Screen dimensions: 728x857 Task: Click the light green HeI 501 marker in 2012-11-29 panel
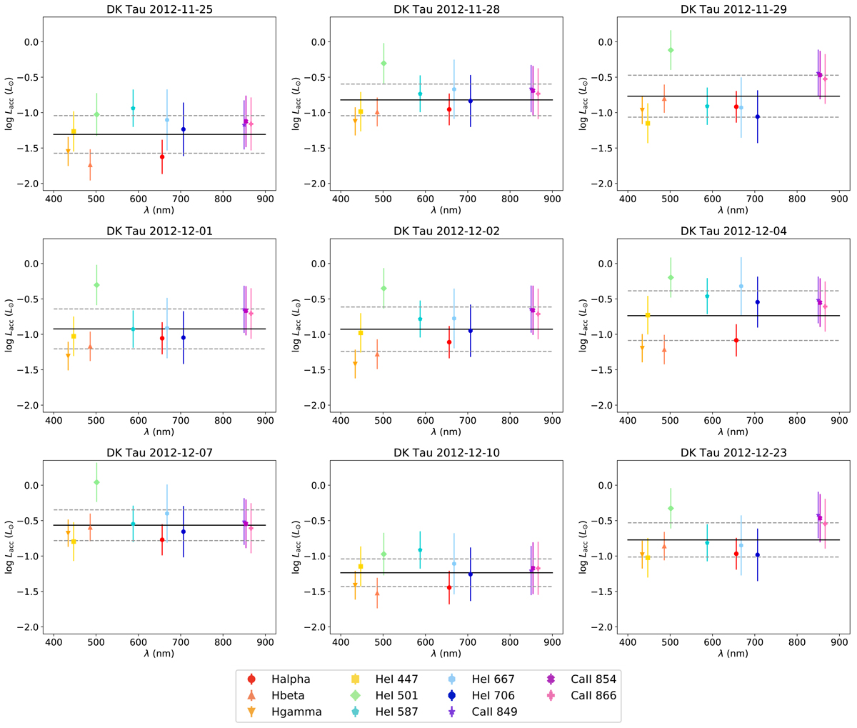671,50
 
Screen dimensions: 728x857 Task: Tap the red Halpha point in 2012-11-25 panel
162,156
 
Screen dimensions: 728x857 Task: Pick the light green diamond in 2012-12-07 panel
96,482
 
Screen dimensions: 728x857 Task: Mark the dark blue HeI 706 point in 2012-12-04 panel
757,302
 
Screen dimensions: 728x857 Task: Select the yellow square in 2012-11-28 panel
361,111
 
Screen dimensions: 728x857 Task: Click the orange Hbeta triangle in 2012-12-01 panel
90,346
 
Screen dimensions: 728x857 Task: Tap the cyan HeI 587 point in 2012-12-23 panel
707,543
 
